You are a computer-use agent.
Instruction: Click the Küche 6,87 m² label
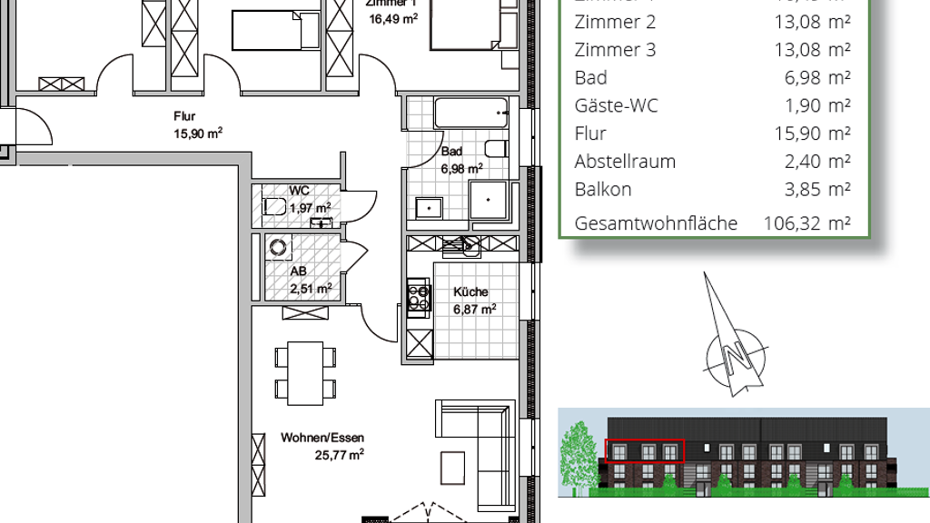point(474,301)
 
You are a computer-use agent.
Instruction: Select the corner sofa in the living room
point(474,449)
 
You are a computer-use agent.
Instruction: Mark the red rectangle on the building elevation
point(644,450)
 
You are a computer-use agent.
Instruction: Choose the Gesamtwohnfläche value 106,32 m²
point(817,223)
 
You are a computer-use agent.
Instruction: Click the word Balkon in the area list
point(602,190)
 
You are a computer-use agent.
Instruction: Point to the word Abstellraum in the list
point(625,162)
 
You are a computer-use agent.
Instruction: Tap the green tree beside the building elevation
point(579,459)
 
